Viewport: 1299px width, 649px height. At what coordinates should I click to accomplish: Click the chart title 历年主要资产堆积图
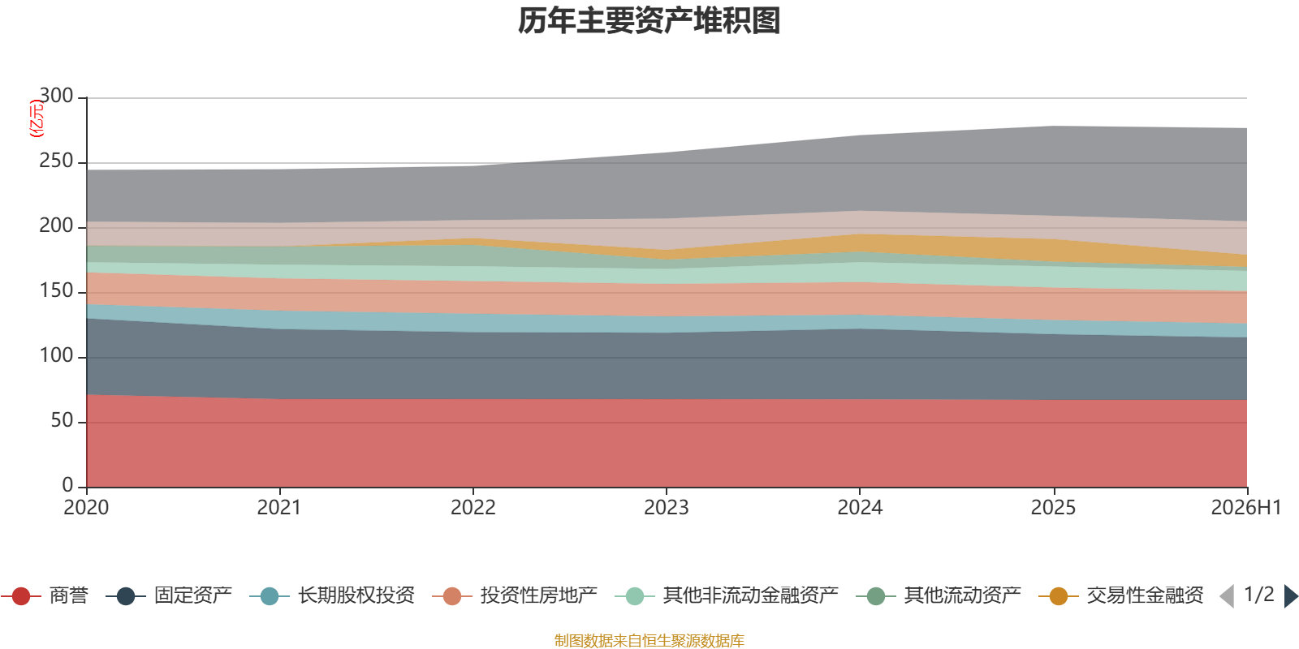(649, 21)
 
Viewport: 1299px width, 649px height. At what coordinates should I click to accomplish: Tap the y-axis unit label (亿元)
(37, 118)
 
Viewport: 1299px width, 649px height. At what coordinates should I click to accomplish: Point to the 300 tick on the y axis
(56, 96)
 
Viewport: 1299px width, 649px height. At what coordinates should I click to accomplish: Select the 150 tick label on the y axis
(56, 290)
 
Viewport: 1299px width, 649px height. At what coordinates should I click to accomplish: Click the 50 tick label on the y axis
(62, 420)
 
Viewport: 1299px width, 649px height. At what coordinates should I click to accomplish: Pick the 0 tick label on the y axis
(68, 485)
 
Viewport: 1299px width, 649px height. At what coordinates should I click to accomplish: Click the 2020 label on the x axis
(86, 508)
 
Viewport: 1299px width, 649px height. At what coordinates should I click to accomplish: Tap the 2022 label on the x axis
(473, 508)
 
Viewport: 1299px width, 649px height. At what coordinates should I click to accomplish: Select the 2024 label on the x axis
(860, 508)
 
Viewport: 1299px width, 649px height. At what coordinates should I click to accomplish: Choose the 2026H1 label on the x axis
(1246, 508)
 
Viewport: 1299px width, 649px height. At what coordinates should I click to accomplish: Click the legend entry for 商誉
(45, 595)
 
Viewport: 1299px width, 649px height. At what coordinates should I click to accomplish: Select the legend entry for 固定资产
(169, 595)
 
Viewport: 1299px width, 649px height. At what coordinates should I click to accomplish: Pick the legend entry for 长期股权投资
(332, 595)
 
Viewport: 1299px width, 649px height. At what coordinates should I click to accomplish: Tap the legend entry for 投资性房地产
(515, 595)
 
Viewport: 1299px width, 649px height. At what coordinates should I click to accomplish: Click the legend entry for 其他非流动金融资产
(727, 595)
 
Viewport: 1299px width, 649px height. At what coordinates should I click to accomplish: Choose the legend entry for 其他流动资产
(939, 595)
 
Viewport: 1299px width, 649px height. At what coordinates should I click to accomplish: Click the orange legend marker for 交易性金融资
(1059, 596)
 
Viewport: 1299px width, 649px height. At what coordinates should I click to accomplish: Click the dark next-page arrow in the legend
(1291, 596)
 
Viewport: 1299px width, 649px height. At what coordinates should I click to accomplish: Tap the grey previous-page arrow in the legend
(1227, 596)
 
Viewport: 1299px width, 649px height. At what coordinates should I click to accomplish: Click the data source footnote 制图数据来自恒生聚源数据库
(649, 640)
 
